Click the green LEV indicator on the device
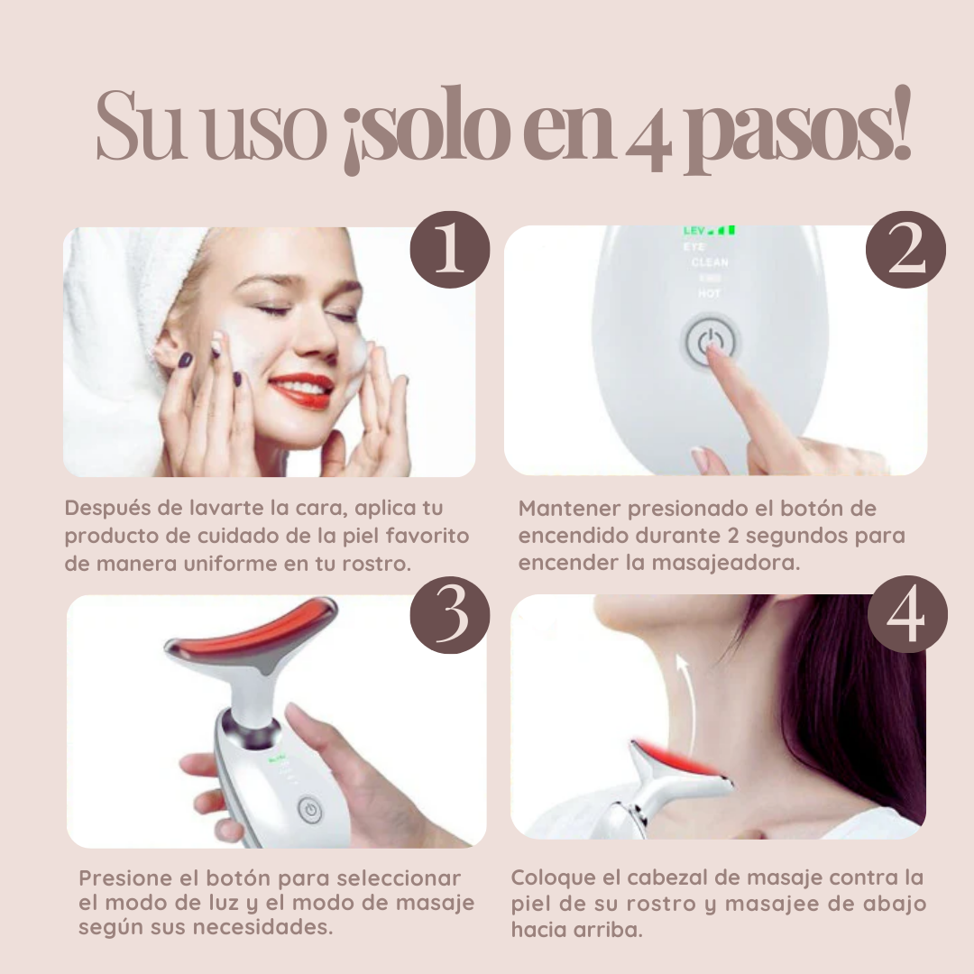pos(708,231)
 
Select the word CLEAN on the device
pos(710,262)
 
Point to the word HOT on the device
pos(710,294)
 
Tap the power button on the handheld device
pos(309,809)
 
